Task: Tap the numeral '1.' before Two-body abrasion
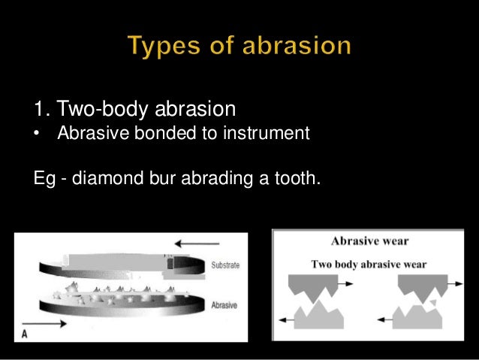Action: pos(43,111)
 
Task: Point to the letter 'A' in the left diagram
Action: pos(25,335)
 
